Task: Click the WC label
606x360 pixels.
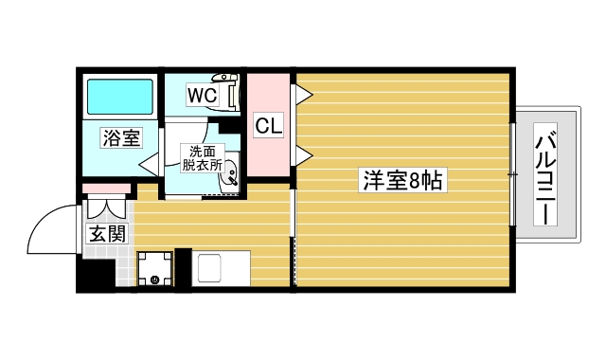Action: (x=202, y=96)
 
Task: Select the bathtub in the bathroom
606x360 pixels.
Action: (x=120, y=97)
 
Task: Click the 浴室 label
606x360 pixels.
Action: (x=121, y=138)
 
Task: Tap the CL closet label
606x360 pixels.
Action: (x=268, y=125)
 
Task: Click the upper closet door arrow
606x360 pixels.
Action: (x=303, y=93)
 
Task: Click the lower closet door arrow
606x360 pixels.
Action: (x=303, y=155)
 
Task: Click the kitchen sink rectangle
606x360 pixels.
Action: (x=222, y=268)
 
